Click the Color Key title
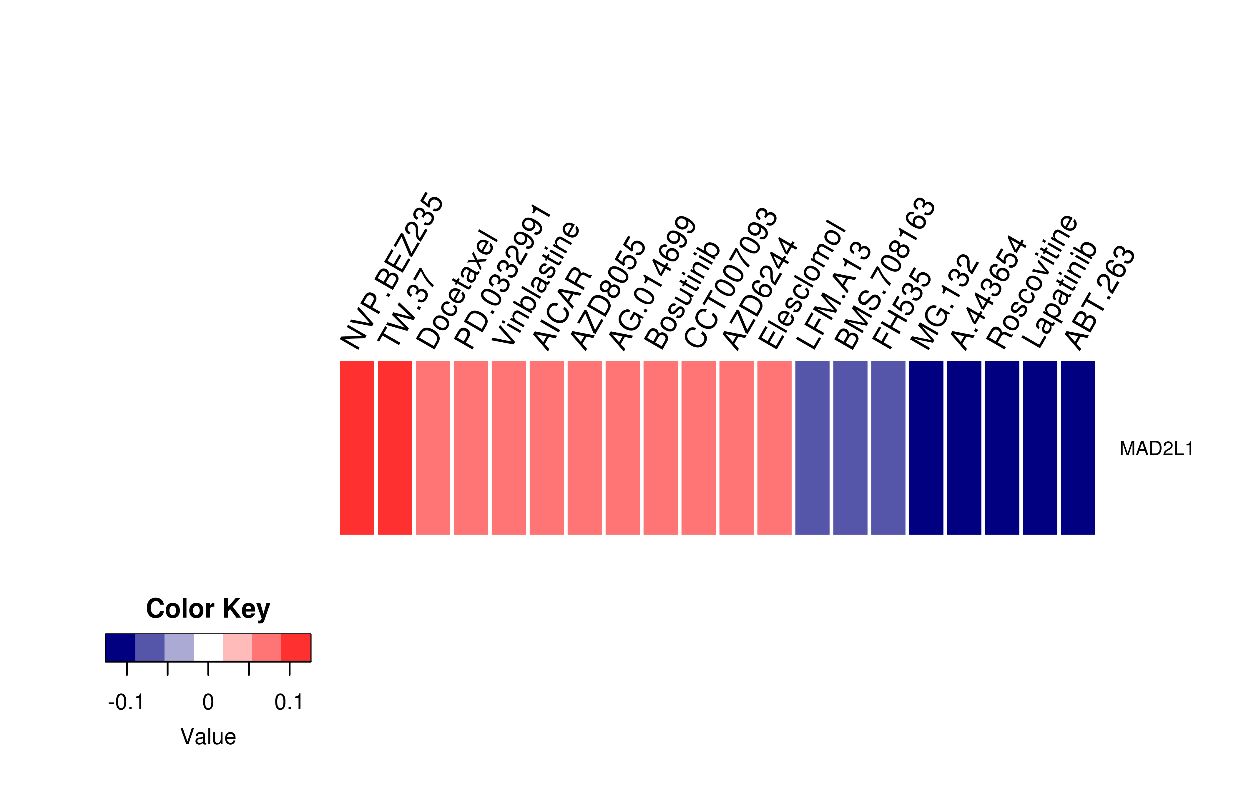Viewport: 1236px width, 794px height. point(208,609)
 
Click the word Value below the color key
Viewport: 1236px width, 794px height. point(208,737)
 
